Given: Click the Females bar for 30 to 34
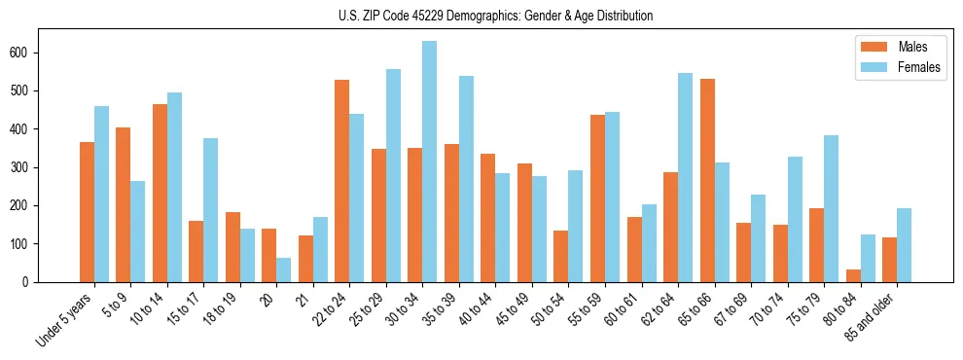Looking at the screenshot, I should (429, 162).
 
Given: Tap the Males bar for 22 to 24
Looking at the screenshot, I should (341, 181).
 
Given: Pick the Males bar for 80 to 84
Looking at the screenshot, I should (853, 275).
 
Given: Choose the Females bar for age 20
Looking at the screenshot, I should (283, 270).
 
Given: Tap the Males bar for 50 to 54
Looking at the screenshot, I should (560, 256).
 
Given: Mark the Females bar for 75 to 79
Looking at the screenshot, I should (831, 208).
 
